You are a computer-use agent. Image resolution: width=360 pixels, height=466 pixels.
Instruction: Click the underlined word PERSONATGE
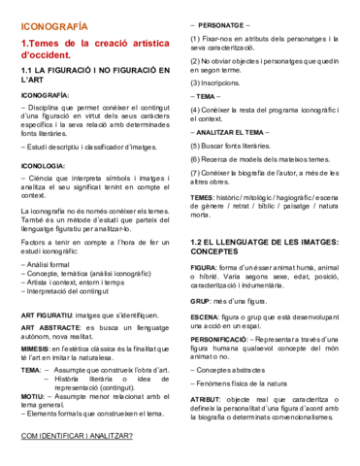(x=220, y=21)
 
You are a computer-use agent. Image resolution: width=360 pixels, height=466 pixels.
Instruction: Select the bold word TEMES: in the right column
(x=208, y=197)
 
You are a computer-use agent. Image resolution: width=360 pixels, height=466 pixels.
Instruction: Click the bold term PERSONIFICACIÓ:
(x=223, y=340)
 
